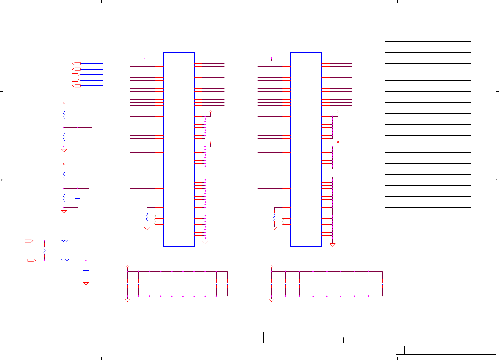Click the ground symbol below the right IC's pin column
point(333,245)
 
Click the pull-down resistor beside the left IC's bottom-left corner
point(147,217)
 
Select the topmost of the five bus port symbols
point(76,64)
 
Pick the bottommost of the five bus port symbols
point(76,86)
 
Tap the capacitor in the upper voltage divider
point(78,137)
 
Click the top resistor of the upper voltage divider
point(64,115)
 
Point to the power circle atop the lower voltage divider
point(64,164)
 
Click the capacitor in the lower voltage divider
point(78,198)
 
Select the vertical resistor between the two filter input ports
point(45,251)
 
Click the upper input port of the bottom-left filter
point(29,241)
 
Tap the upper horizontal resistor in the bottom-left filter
point(65,241)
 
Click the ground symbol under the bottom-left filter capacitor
point(86,284)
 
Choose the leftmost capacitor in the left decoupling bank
point(128,283)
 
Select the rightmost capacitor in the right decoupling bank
point(382,283)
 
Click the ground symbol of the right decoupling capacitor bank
point(271,300)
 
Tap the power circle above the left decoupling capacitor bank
point(128,267)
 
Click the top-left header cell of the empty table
point(398,31)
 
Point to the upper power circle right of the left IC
point(210,112)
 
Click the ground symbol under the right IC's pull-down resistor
point(274,228)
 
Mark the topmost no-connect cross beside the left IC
point(155,216)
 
